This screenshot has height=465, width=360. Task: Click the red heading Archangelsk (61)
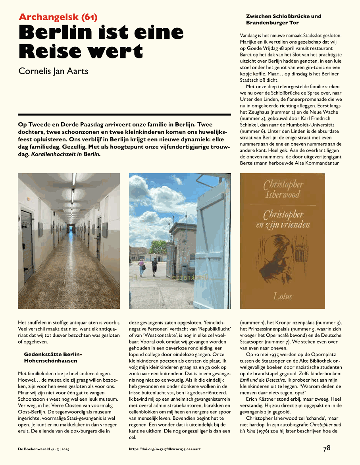click(x=58, y=17)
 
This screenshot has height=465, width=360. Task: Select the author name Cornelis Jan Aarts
click(x=54, y=71)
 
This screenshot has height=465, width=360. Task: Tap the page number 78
click(x=327, y=448)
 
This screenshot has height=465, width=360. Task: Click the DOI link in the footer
click(x=165, y=449)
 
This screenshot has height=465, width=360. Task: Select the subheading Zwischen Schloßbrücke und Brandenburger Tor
click(x=283, y=19)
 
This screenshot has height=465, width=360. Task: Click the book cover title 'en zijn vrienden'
click(x=283, y=225)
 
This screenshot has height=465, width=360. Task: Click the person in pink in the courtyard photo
click(x=141, y=267)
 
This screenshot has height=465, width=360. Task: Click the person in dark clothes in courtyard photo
click(x=154, y=266)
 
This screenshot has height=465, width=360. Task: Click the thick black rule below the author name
click(x=125, y=114)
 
